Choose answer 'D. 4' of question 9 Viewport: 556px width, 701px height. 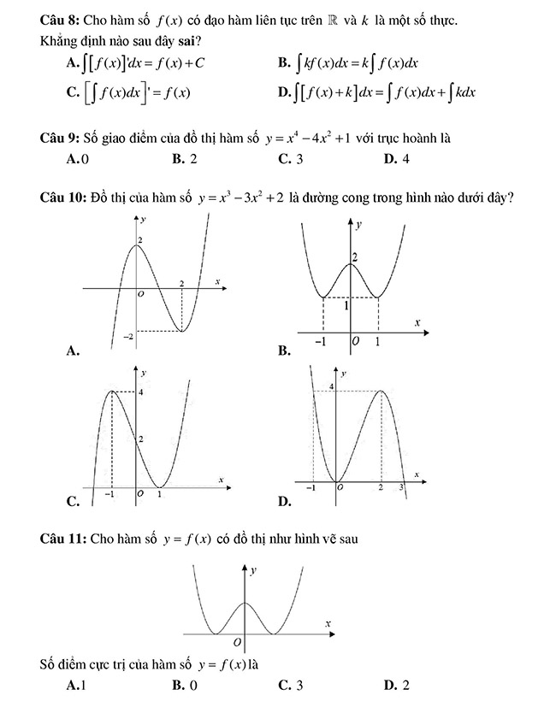coord(397,158)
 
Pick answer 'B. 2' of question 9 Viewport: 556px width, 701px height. coord(184,158)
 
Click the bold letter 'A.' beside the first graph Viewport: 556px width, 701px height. coord(72,350)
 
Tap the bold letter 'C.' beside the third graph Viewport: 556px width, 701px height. coord(72,500)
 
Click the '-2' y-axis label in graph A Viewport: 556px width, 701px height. coord(129,339)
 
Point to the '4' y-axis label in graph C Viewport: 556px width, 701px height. coord(141,392)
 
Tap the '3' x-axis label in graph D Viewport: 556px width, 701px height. coord(402,486)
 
